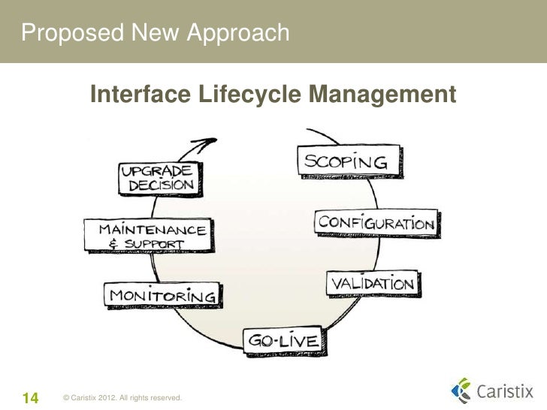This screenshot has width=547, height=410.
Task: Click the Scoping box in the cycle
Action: coord(345,161)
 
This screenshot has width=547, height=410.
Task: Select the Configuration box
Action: coord(376,223)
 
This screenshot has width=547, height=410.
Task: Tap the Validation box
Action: coord(372,284)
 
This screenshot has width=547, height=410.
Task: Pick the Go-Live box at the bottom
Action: coord(283,341)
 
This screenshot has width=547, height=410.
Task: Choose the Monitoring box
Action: coord(162,294)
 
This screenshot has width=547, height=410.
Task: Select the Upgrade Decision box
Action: coord(156,177)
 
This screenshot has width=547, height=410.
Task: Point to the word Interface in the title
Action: coord(140,95)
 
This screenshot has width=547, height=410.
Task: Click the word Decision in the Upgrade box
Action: coord(161,185)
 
